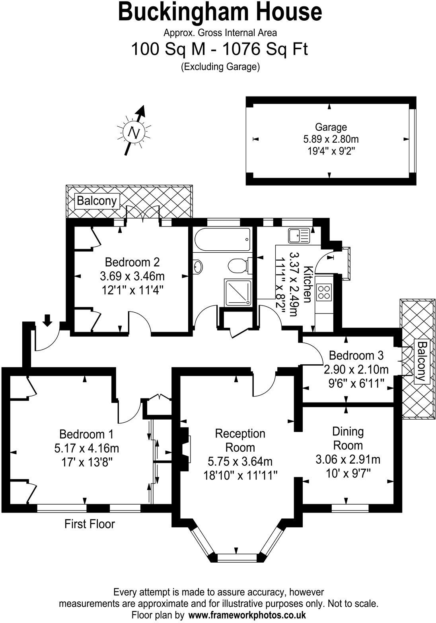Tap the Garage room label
tap(331, 127)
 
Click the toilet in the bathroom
tap(238, 265)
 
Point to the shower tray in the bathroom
tap(238, 293)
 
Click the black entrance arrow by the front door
tap(47, 319)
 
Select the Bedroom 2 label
tap(132, 262)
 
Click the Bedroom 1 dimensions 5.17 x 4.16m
tap(87, 449)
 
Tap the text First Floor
tap(90, 524)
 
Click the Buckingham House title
tap(220, 12)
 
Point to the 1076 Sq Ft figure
tap(265, 50)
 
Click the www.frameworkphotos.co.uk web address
tap(247, 615)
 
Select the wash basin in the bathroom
tap(198, 267)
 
